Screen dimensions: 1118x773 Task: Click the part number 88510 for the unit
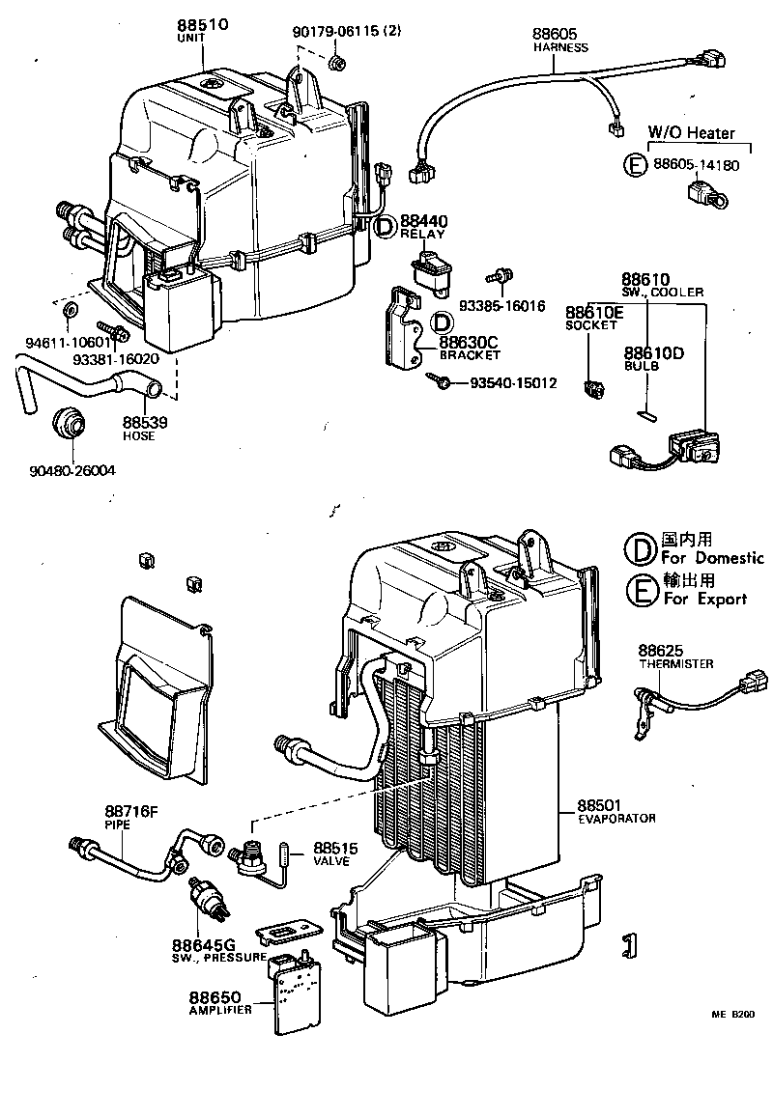pos(202,24)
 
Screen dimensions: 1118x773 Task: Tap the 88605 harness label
pos(555,34)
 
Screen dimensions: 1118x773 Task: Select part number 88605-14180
pos(695,165)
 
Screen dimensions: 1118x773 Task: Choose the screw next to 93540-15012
pos(440,383)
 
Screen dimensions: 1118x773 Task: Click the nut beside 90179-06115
pos(337,64)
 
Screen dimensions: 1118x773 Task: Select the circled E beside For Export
pos(640,589)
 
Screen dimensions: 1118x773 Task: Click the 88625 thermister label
pos(661,651)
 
